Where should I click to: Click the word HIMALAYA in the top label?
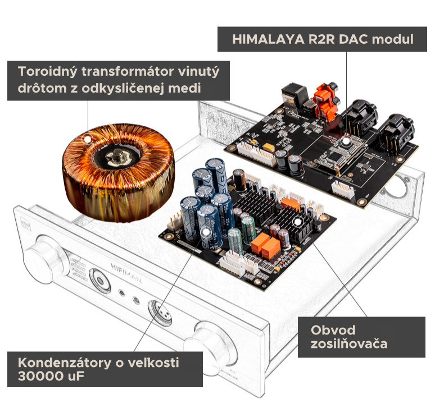pyautogui.click(x=268, y=39)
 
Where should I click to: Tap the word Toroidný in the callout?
pyautogui.click(x=47, y=71)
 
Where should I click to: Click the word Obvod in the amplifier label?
pyautogui.click(x=333, y=330)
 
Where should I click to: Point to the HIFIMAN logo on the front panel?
pyautogui.click(x=126, y=273)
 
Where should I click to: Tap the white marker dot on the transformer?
pyautogui.click(x=87, y=139)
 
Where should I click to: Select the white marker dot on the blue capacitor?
pyautogui.click(x=206, y=232)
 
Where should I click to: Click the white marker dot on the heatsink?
pyautogui.click(x=298, y=222)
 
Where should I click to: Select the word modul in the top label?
pyautogui.click(x=393, y=39)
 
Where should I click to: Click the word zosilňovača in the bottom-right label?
pyautogui.click(x=349, y=344)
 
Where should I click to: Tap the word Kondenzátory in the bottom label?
pyautogui.click(x=65, y=362)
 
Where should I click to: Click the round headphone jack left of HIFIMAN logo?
pyautogui.click(x=100, y=281)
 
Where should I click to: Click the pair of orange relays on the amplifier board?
pyautogui.click(x=266, y=245)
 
